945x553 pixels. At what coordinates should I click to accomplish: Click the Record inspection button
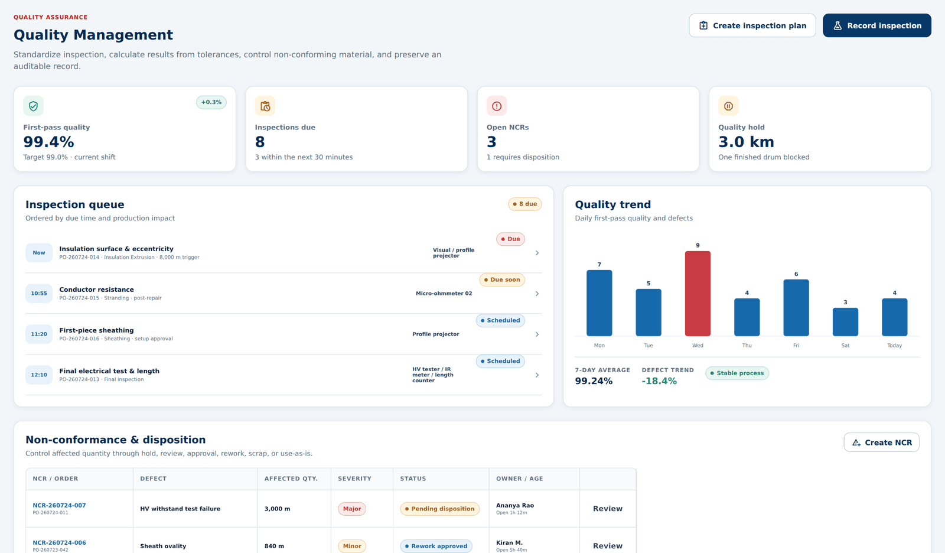pos(876,25)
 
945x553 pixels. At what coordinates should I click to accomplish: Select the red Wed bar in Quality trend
pos(698,294)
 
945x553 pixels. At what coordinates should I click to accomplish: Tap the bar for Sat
pos(845,321)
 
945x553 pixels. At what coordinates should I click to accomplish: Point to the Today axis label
pos(894,345)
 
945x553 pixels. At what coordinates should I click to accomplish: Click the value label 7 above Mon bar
pos(599,264)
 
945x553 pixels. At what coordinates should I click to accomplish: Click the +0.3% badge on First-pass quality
pos(211,102)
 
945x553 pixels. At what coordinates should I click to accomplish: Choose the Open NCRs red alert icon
pos(497,106)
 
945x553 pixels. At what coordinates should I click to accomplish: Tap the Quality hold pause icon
pos(728,106)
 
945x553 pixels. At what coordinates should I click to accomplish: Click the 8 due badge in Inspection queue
pos(525,204)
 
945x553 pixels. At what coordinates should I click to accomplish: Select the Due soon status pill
pos(502,279)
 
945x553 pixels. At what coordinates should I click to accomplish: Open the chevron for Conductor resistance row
pos(537,294)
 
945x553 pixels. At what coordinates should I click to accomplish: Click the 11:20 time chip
pos(39,334)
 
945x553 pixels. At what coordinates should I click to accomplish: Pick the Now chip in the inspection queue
pos(39,252)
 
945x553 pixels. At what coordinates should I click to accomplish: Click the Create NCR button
pos(881,443)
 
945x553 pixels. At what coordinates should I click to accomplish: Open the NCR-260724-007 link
pos(59,505)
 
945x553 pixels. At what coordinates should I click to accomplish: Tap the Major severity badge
pos(352,509)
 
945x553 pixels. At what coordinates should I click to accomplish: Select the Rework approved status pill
pos(436,546)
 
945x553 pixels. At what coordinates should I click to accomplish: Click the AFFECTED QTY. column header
pos(291,479)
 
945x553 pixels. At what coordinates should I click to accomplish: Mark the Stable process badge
pos(737,373)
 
